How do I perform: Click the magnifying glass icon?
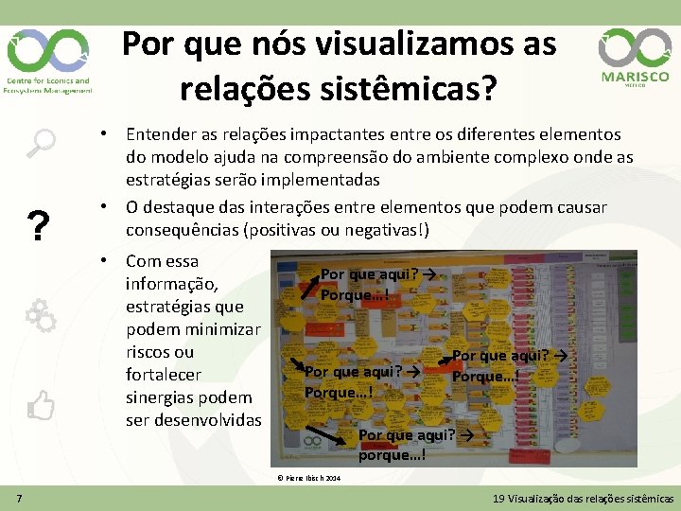(x=40, y=143)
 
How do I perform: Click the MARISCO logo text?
(x=635, y=77)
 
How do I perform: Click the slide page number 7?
(x=19, y=498)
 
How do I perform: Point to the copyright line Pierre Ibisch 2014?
(x=308, y=478)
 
